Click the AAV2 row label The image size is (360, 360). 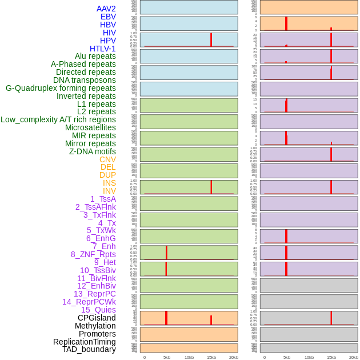(x=106, y=9)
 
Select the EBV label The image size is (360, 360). (x=108, y=17)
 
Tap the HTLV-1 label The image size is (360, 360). (x=102, y=49)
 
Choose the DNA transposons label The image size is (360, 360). (x=85, y=80)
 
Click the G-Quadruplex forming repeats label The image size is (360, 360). (x=61, y=88)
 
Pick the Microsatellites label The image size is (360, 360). (x=90, y=127)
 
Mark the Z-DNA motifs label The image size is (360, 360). (x=92, y=151)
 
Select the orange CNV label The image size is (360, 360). (x=107, y=159)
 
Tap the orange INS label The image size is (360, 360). (x=109, y=183)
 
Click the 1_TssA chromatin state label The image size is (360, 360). (x=103, y=199)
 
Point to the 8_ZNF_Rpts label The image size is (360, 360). (x=93, y=254)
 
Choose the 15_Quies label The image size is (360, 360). (x=98, y=310)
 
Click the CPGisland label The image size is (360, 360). (x=97, y=318)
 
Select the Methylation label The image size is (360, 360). (x=95, y=326)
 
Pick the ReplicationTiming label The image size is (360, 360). (x=84, y=342)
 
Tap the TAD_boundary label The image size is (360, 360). (x=89, y=349)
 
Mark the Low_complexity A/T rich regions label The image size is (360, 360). (x=58, y=119)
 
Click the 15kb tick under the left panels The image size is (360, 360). (x=211, y=357)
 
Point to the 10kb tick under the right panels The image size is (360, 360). (x=309, y=357)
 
